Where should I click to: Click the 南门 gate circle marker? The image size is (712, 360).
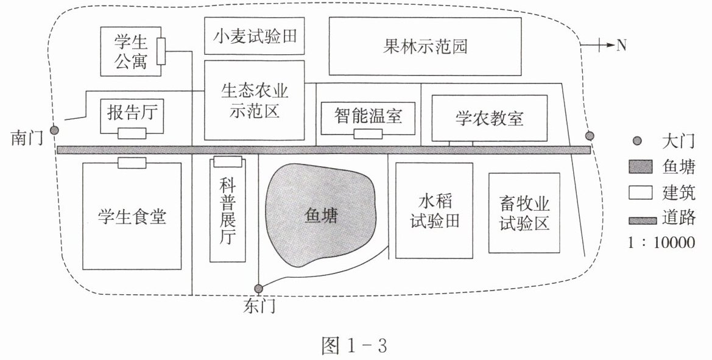point(54,130)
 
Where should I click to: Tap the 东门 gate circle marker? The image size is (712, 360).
point(258,288)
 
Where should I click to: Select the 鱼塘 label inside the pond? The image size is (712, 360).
point(321,216)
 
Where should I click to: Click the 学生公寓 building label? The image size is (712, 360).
point(131,52)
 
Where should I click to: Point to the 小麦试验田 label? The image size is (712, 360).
point(255,36)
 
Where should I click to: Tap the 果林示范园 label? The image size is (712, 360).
point(425,46)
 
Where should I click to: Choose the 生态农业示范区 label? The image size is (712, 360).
point(255,101)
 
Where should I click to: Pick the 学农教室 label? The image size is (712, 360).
point(490,118)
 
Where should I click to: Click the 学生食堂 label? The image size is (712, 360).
point(132,216)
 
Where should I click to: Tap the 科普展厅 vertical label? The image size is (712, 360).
point(228,211)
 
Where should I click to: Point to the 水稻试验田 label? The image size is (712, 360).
point(434,211)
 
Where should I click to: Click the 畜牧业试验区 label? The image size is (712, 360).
point(524,213)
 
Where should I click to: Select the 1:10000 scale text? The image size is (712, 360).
point(661,242)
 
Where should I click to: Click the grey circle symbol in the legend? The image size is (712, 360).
point(637,141)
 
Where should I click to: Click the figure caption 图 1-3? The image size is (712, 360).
point(354,346)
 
